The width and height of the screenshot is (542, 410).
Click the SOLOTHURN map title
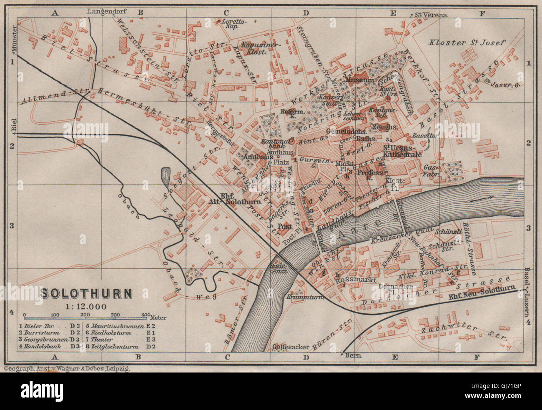click(x=86, y=293)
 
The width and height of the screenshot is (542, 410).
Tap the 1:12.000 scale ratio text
click(x=86, y=306)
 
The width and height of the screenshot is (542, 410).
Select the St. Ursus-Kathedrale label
click(x=403, y=151)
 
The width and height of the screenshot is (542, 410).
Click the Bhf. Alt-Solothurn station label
click(x=234, y=199)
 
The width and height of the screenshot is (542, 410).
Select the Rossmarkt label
click(x=353, y=280)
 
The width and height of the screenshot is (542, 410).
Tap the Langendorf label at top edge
click(x=107, y=11)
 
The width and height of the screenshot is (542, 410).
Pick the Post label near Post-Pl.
click(x=285, y=226)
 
